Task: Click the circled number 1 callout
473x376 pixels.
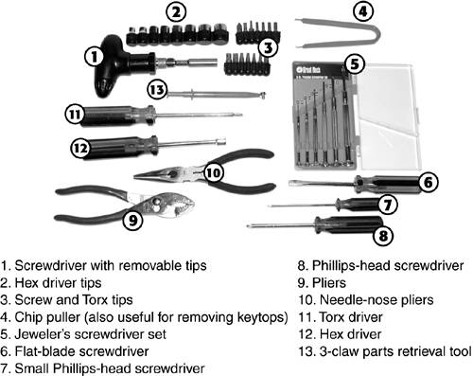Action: tap(94, 57)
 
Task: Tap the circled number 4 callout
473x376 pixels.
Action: tap(363, 11)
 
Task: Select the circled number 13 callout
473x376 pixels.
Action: tap(157, 90)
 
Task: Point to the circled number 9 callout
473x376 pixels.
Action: tap(132, 220)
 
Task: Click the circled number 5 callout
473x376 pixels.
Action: tap(355, 63)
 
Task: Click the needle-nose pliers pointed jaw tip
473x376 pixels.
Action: tap(135, 176)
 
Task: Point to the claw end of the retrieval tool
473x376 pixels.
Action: tap(261, 95)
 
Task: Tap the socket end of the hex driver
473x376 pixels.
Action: tap(219, 141)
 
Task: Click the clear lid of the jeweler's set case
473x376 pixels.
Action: tap(387, 116)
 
